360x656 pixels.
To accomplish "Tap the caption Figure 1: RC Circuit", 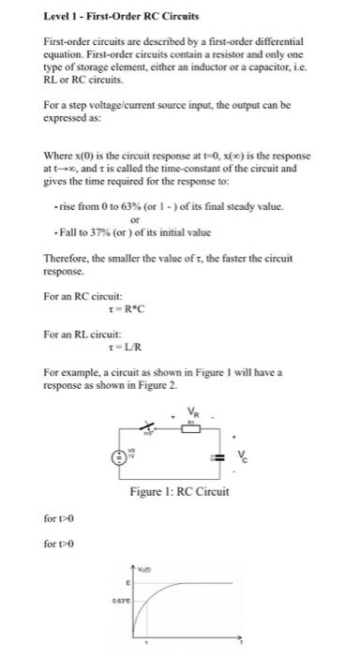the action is coord(180,493).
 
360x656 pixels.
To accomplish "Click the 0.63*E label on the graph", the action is coord(121,602).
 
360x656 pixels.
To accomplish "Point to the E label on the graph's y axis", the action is coord(128,581).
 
